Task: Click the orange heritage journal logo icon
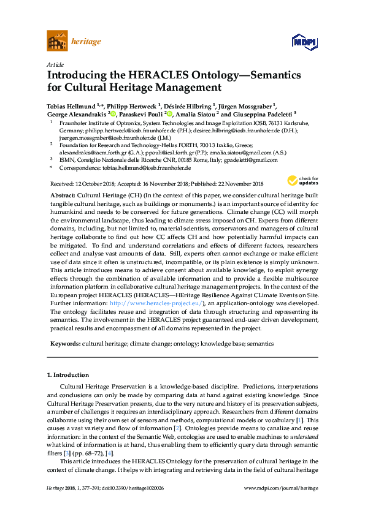point(58,42)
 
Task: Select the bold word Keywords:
point(64,344)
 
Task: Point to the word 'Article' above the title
point(55,64)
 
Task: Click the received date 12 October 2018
point(92,183)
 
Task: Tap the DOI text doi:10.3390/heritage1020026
point(140,504)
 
